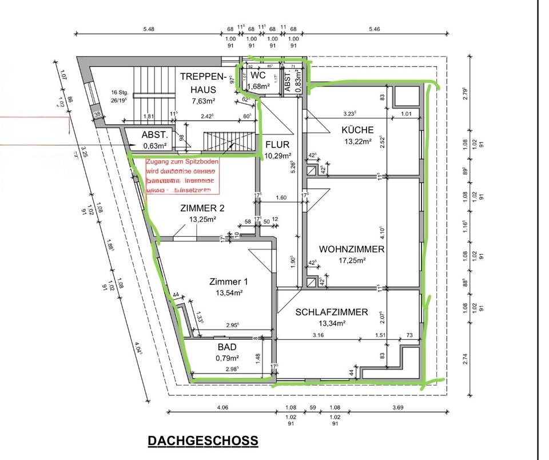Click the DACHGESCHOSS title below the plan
(x=202, y=441)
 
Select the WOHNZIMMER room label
(x=352, y=249)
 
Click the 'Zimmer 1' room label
(x=229, y=281)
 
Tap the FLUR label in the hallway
(x=277, y=145)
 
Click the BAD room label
(x=226, y=347)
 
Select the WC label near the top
(x=258, y=75)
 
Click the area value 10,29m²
(x=277, y=156)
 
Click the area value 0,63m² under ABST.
(x=154, y=145)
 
